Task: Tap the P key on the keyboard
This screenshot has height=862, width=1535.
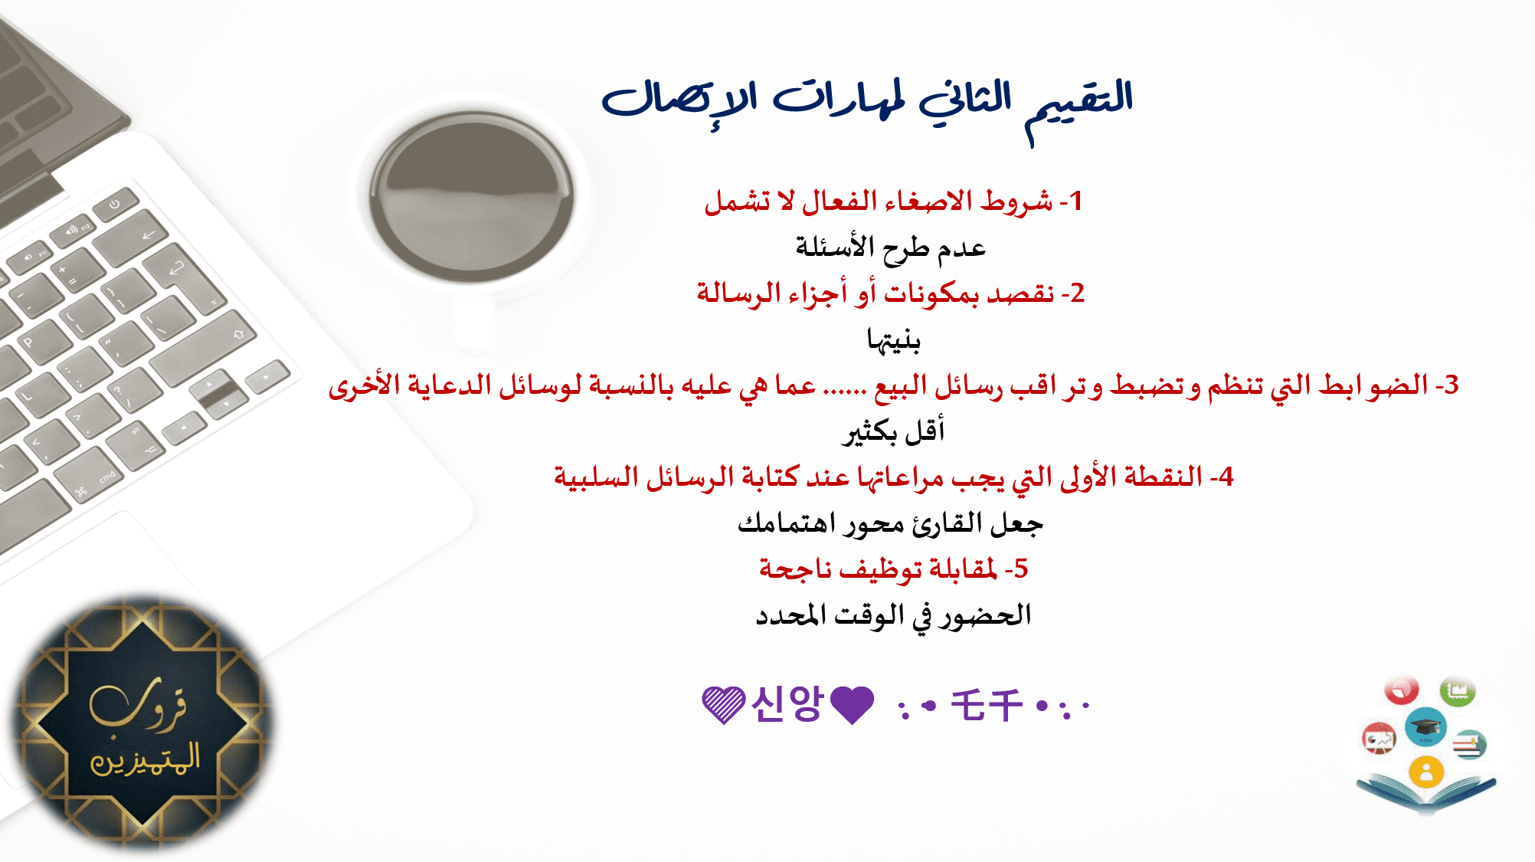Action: (x=28, y=343)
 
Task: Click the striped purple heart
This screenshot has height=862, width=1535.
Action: (x=723, y=705)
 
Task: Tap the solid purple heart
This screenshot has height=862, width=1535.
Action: (x=852, y=705)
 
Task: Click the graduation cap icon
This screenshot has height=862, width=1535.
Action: (x=1425, y=726)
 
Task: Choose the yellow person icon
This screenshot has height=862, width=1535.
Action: (x=1425, y=772)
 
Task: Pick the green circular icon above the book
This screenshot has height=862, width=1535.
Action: (x=1457, y=691)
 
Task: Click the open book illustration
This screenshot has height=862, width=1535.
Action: (x=1426, y=793)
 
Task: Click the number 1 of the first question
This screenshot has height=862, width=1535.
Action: (x=1075, y=201)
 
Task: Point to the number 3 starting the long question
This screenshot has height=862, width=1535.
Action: (x=1451, y=385)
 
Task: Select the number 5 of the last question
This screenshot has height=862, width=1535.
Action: (x=1021, y=569)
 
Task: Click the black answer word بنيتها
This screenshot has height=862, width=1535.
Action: (x=893, y=339)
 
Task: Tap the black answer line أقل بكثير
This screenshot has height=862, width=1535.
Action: (x=893, y=431)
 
